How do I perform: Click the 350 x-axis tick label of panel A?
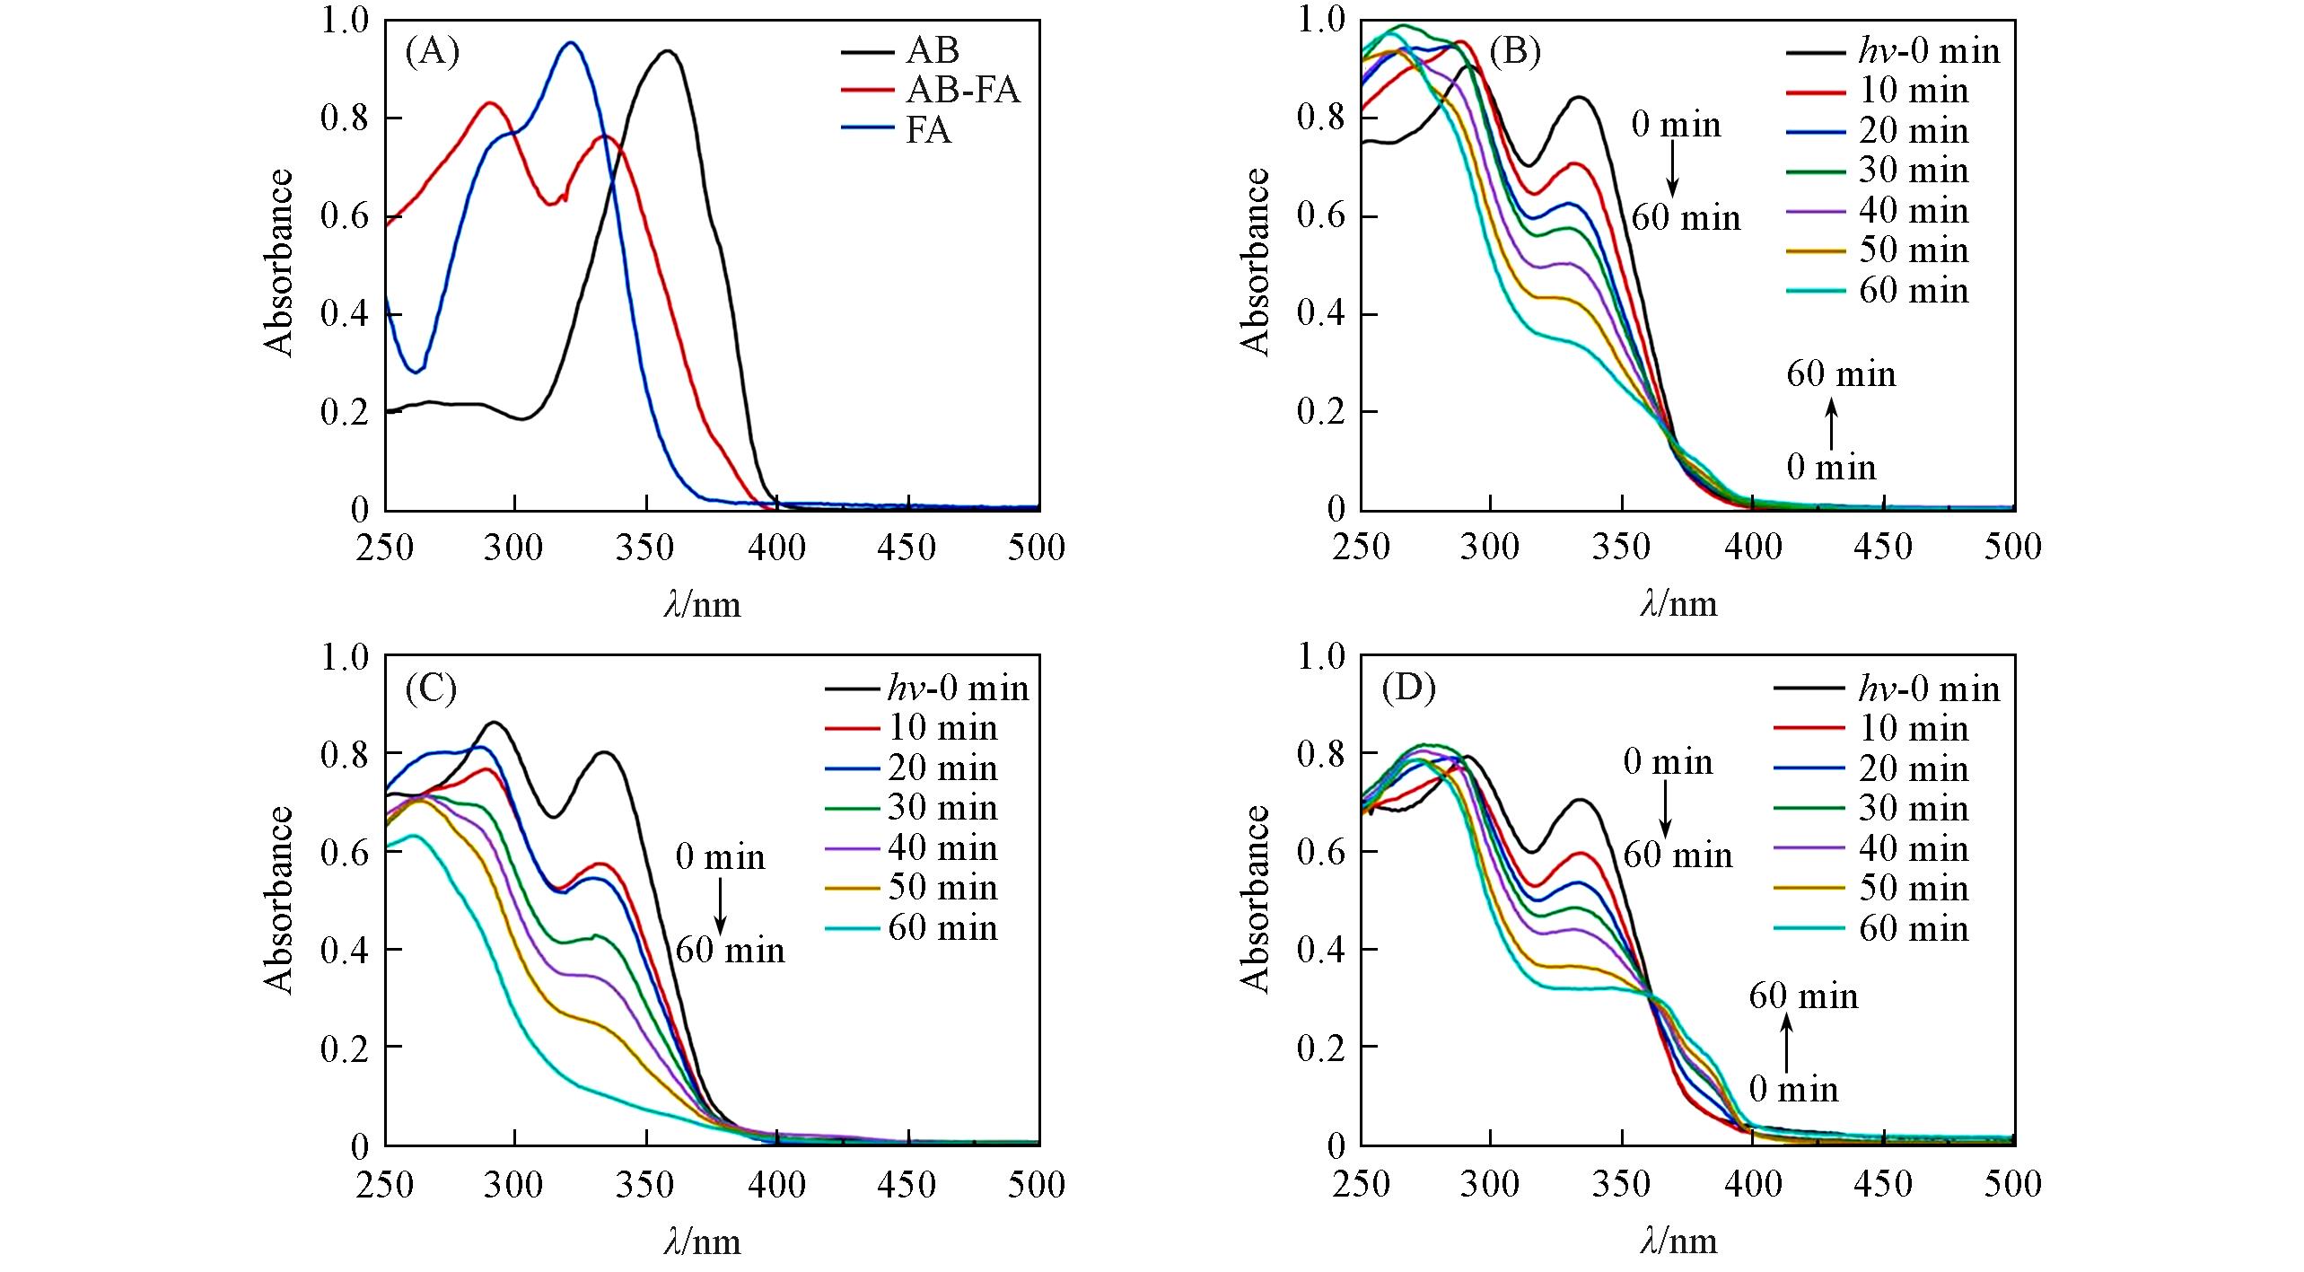click(x=645, y=547)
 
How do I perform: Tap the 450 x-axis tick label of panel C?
click(x=907, y=1185)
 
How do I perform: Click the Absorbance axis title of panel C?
click(x=279, y=899)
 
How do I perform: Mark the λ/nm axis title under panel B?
click(x=1678, y=604)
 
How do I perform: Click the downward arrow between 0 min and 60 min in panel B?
click(x=1673, y=171)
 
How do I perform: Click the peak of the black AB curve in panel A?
click(x=667, y=51)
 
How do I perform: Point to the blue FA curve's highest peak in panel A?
click(x=570, y=42)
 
